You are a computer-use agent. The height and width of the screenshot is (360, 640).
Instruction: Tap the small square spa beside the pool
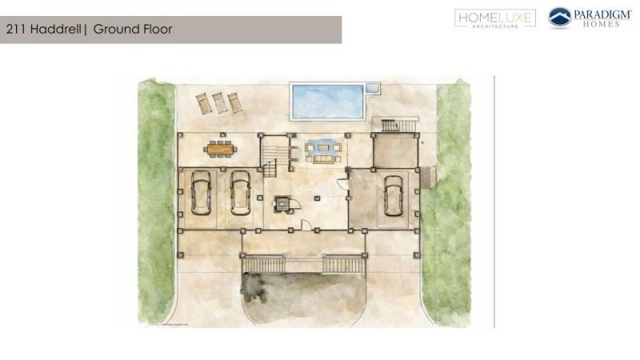click(372, 86)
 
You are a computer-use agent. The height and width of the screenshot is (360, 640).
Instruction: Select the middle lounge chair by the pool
click(218, 102)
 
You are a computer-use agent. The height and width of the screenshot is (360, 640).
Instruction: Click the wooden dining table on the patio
click(219, 147)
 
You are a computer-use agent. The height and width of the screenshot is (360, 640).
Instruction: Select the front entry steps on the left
click(263, 263)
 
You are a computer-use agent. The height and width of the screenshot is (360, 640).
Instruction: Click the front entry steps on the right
click(343, 263)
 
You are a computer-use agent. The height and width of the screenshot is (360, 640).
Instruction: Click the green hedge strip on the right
click(452, 200)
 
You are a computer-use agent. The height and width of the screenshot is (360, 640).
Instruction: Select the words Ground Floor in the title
click(133, 30)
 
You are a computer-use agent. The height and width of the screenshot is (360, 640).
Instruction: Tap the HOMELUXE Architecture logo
click(495, 18)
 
